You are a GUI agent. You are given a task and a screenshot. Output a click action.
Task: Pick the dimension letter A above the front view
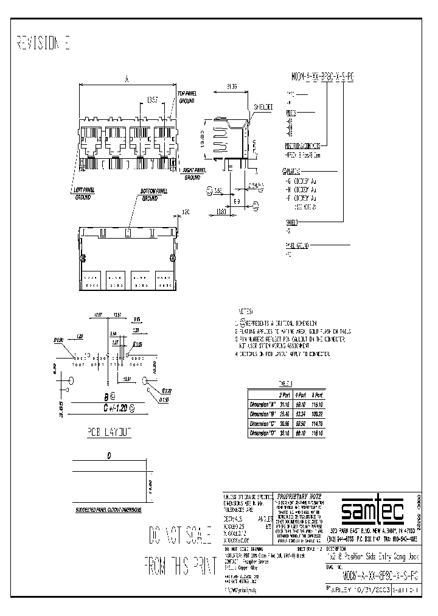coord(126,79)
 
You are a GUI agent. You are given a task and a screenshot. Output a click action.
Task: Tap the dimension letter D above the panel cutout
coord(109,455)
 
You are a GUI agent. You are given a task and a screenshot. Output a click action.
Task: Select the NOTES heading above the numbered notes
coord(245,310)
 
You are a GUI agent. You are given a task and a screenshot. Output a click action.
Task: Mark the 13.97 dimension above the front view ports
coord(155,99)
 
